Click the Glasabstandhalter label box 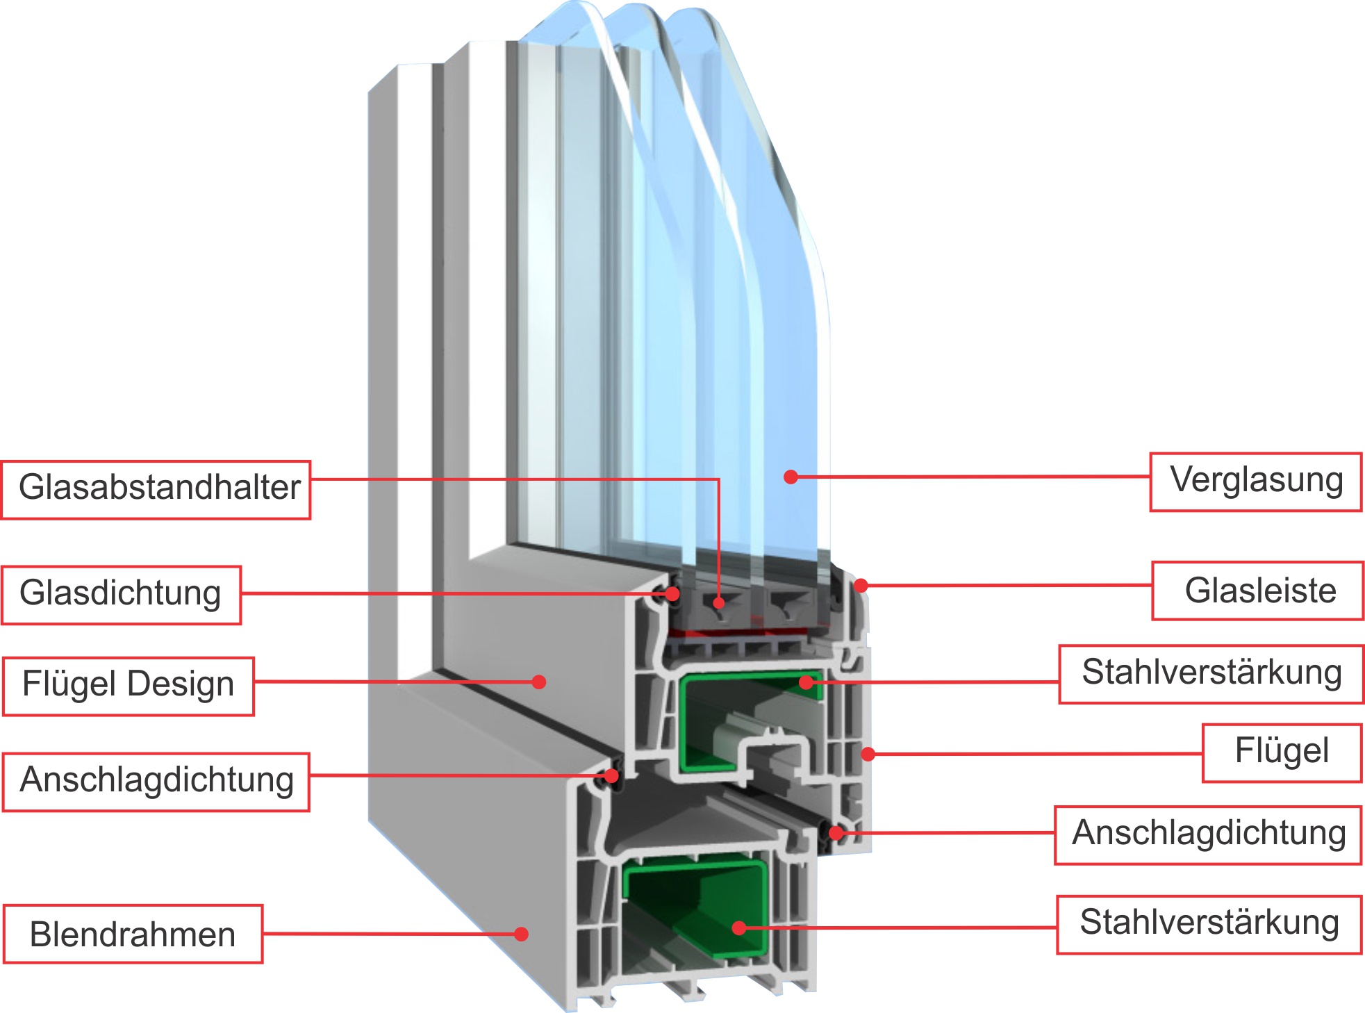156,489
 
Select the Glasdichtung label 121,595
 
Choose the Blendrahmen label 133,934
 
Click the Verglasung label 1255,481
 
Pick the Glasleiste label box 1257,591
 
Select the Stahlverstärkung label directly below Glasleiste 1211,674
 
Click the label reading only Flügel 1282,752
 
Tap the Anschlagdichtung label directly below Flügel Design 156,781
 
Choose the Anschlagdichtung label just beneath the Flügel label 1208,834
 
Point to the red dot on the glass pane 791,477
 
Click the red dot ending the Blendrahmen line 521,934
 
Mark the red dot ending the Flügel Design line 538,682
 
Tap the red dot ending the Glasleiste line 861,586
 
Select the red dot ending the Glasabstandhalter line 719,602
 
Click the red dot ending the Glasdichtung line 672,594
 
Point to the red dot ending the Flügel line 868,754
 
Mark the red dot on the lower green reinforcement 739,928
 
